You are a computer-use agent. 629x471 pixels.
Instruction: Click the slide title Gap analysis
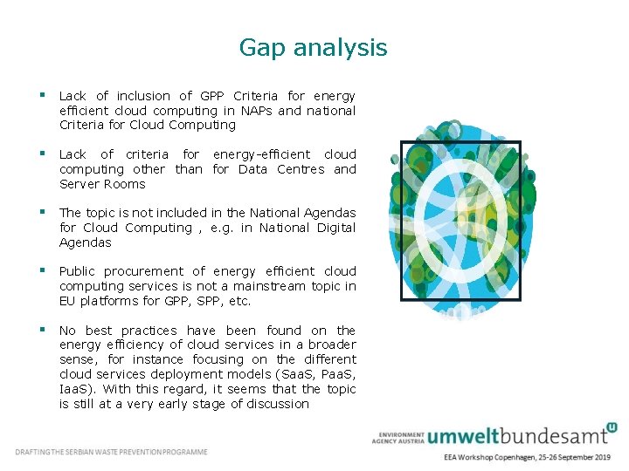tap(313, 47)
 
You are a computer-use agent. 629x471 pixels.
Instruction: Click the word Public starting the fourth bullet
tap(78, 271)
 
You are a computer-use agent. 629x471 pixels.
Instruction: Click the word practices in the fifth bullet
tap(149, 331)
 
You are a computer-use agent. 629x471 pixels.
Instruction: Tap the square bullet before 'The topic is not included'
tap(41, 212)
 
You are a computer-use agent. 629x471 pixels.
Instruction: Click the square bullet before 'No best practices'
tap(41, 330)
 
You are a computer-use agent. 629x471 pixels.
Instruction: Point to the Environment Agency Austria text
tap(397, 438)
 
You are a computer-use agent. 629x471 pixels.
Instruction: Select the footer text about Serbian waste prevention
tap(111, 452)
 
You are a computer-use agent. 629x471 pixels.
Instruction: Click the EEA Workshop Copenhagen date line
tap(527, 457)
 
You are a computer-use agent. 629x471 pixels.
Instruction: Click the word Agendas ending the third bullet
tap(86, 242)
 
